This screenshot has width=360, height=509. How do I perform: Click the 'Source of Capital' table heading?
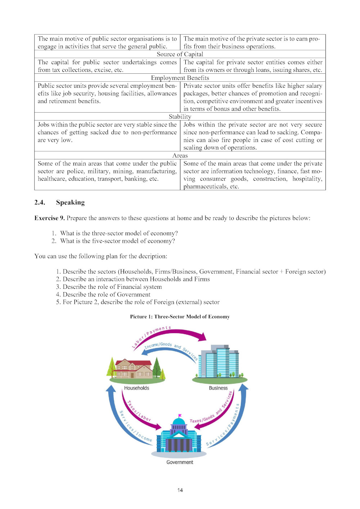180,54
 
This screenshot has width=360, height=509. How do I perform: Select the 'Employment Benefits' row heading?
180,78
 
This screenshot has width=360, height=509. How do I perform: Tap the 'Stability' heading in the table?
180,117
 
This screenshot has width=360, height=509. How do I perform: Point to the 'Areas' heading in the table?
180,156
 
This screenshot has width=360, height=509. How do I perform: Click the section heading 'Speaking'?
70,203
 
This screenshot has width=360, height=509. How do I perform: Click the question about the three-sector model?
119,233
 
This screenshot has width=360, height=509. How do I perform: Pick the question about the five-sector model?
117,241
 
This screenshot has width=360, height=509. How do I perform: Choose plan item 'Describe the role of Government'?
106,295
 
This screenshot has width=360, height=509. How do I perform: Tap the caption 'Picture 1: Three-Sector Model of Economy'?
180,317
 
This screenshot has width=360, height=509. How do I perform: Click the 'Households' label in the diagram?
136,388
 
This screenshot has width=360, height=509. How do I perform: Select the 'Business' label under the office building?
218,388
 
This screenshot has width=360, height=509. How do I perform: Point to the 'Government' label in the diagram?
180,462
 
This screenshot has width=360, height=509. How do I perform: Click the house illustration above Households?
133,369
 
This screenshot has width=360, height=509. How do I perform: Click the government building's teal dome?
179,422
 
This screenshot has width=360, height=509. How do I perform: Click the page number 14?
180,490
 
